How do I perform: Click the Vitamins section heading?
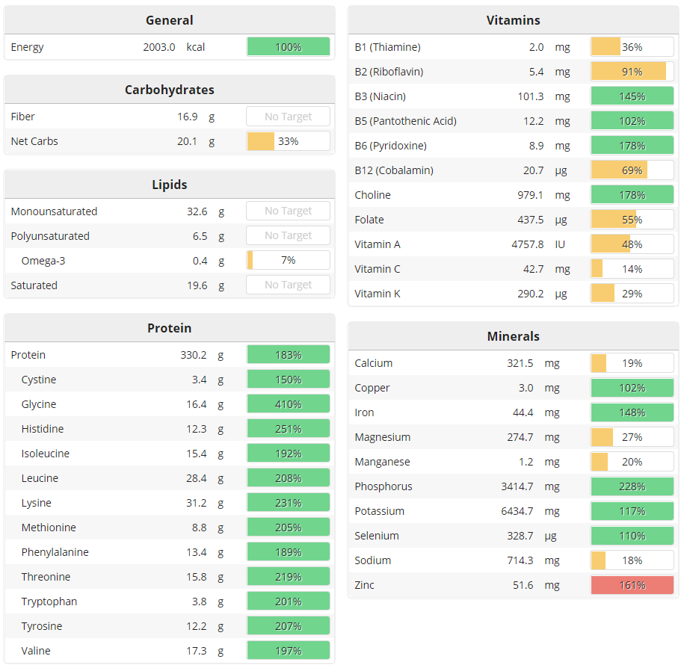(x=513, y=20)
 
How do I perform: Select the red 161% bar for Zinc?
(x=632, y=585)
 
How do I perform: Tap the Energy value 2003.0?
(x=159, y=47)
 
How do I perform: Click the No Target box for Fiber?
(x=288, y=117)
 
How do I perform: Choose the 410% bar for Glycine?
(x=288, y=404)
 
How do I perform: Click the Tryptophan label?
(x=49, y=601)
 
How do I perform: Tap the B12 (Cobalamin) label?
(x=394, y=170)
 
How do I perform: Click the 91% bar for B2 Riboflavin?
(x=632, y=72)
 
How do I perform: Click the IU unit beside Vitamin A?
(x=561, y=244)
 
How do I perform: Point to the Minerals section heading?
(x=513, y=336)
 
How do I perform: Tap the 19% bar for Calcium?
(x=632, y=363)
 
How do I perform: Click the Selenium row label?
(x=377, y=536)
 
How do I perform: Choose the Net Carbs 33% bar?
(x=288, y=141)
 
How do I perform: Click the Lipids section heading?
(x=170, y=184)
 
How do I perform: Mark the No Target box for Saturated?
(x=288, y=285)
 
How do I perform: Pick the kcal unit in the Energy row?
(x=196, y=47)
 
